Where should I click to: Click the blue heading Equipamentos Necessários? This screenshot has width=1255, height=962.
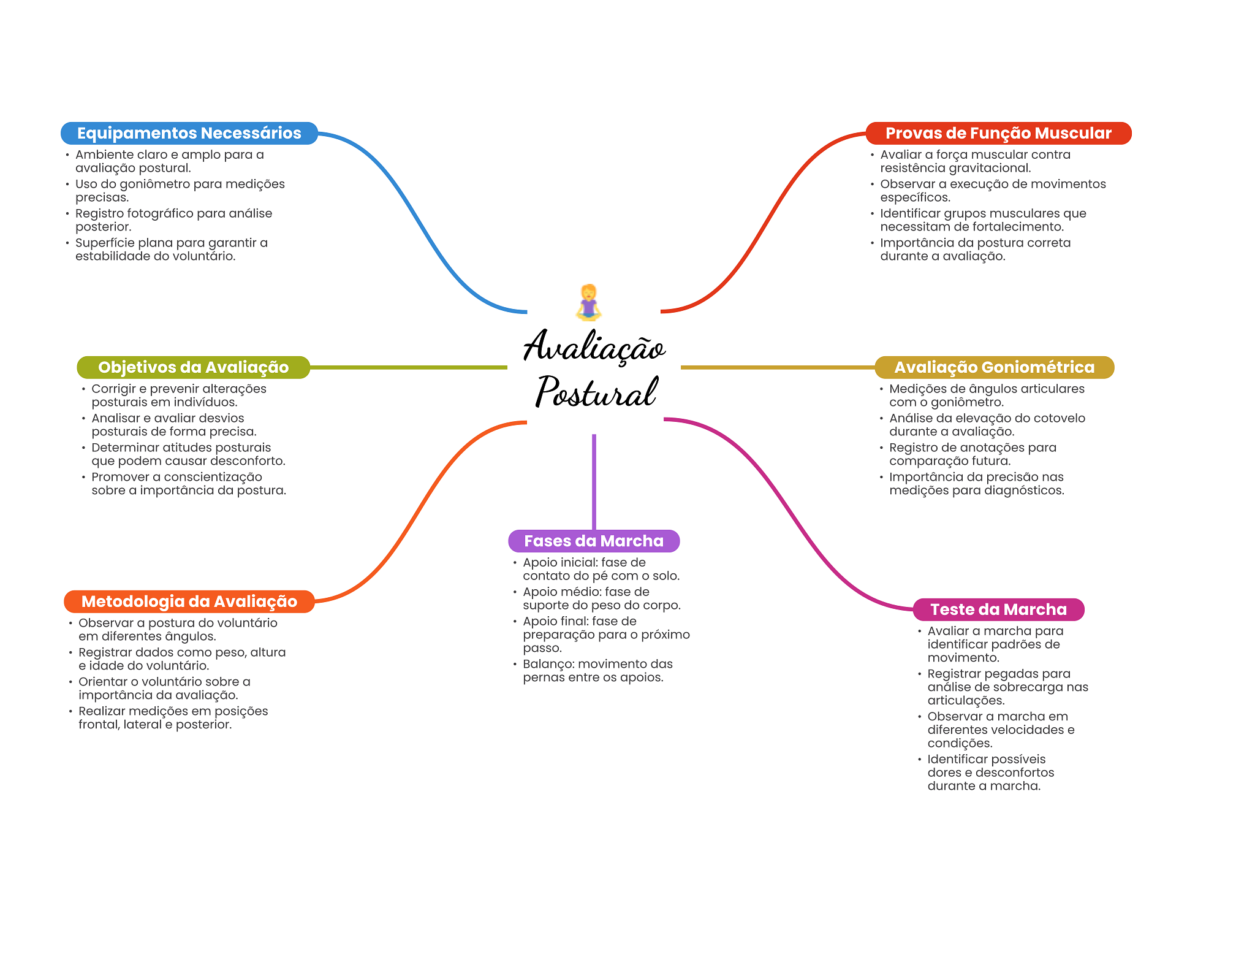[x=189, y=133]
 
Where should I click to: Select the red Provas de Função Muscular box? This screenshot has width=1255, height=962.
[x=998, y=133]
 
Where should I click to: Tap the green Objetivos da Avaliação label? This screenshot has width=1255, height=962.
[x=193, y=367]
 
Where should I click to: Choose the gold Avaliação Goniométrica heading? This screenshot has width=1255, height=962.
[x=993, y=367]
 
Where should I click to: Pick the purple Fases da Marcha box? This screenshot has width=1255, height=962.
[x=593, y=541]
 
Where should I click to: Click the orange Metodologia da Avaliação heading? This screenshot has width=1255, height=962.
[x=189, y=601]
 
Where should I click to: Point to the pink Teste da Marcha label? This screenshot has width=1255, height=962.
[x=998, y=609]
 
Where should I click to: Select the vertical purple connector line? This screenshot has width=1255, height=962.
[x=594, y=481]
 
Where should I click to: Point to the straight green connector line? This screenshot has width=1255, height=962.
[x=408, y=367]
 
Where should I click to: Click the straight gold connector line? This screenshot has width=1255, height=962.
[x=777, y=367]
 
